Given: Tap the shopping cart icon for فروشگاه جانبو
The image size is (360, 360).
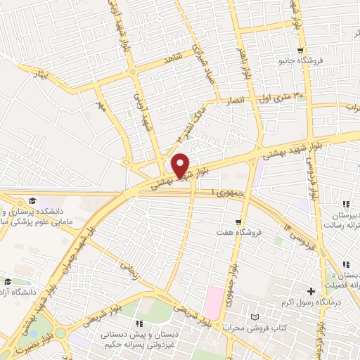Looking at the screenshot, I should [x=301, y=50].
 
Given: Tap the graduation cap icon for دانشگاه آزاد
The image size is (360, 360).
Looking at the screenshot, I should [x=8, y=281].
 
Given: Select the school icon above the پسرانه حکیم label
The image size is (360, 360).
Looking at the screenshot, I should [x=139, y=323].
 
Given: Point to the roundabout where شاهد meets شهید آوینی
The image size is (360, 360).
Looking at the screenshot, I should [x=132, y=72].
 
